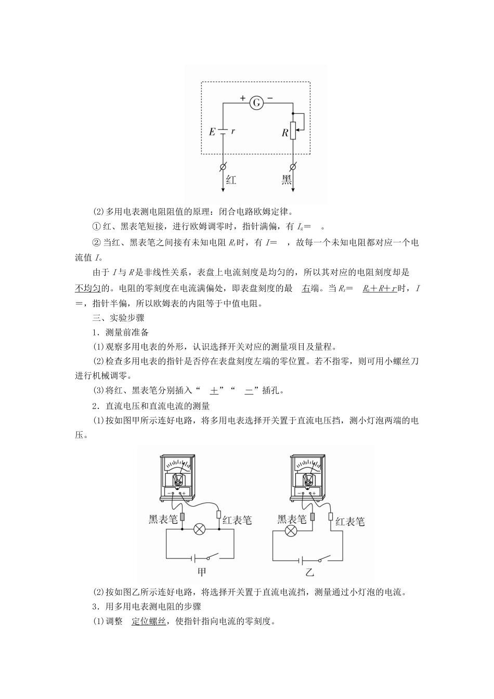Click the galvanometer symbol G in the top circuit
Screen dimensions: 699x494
point(256,103)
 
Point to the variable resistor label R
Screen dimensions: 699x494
point(285,133)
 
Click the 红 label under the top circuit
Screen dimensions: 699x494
point(231,180)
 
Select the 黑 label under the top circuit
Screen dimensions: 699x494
point(287,180)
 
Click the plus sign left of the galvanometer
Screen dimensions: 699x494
point(242,97)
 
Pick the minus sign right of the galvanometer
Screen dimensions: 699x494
point(270,97)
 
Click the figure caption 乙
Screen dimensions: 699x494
point(310,573)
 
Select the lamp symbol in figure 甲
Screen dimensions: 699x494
point(200,529)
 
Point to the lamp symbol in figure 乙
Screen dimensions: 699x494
point(292,530)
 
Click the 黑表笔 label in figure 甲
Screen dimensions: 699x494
point(163,518)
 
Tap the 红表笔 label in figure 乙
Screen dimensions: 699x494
point(350,521)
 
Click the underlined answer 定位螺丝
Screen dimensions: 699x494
point(149,621)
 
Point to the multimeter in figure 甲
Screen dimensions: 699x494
point(178,476)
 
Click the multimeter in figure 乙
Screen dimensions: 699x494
point(309,476)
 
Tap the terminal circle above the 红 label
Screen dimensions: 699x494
point(223,167)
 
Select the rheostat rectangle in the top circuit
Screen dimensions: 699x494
point(293,130)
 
